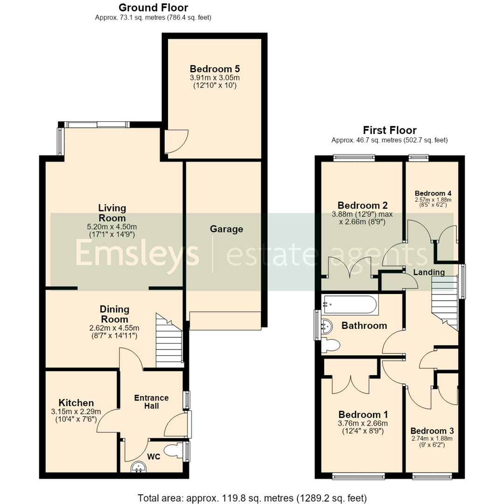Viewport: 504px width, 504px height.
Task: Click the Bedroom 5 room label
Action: point(215,69)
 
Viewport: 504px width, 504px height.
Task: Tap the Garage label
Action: point(226,229)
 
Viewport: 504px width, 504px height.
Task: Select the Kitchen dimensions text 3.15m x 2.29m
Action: point(76,412)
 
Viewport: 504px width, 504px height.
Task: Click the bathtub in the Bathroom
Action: point(350,304)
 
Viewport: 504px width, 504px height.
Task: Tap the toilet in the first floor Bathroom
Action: point(330,345)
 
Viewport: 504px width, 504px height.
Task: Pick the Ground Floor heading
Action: point(154,7)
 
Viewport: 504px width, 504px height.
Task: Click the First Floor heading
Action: point(390,130)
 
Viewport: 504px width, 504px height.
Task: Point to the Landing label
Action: point(429,273)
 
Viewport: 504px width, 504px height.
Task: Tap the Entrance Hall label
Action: point(151,402)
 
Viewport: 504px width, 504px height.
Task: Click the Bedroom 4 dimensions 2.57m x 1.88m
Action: point(433,200)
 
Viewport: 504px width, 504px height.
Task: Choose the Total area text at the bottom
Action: point(252,498)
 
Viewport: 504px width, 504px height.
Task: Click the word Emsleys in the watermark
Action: point(137,254)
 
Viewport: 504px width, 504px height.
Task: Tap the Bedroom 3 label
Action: point(432,431)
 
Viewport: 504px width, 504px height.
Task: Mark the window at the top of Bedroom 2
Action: point(354,157)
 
